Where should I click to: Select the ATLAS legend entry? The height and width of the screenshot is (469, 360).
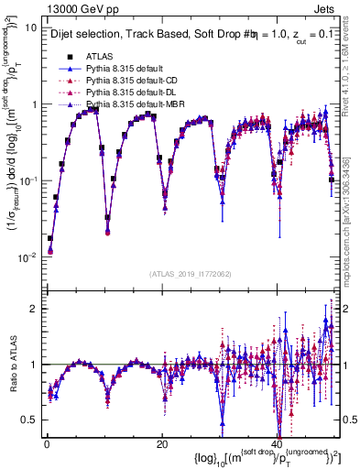[x=101, y=55]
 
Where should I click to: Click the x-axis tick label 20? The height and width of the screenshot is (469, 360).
[x=162, y=444]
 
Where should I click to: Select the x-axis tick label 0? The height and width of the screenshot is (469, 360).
[x=46, y=444]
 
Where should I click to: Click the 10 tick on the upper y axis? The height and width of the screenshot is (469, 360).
[x=30, y=27]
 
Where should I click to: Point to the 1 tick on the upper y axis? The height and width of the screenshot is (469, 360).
[x=34, y=104]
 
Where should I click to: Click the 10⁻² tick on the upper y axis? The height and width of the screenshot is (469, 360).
[x=28, y=256]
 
